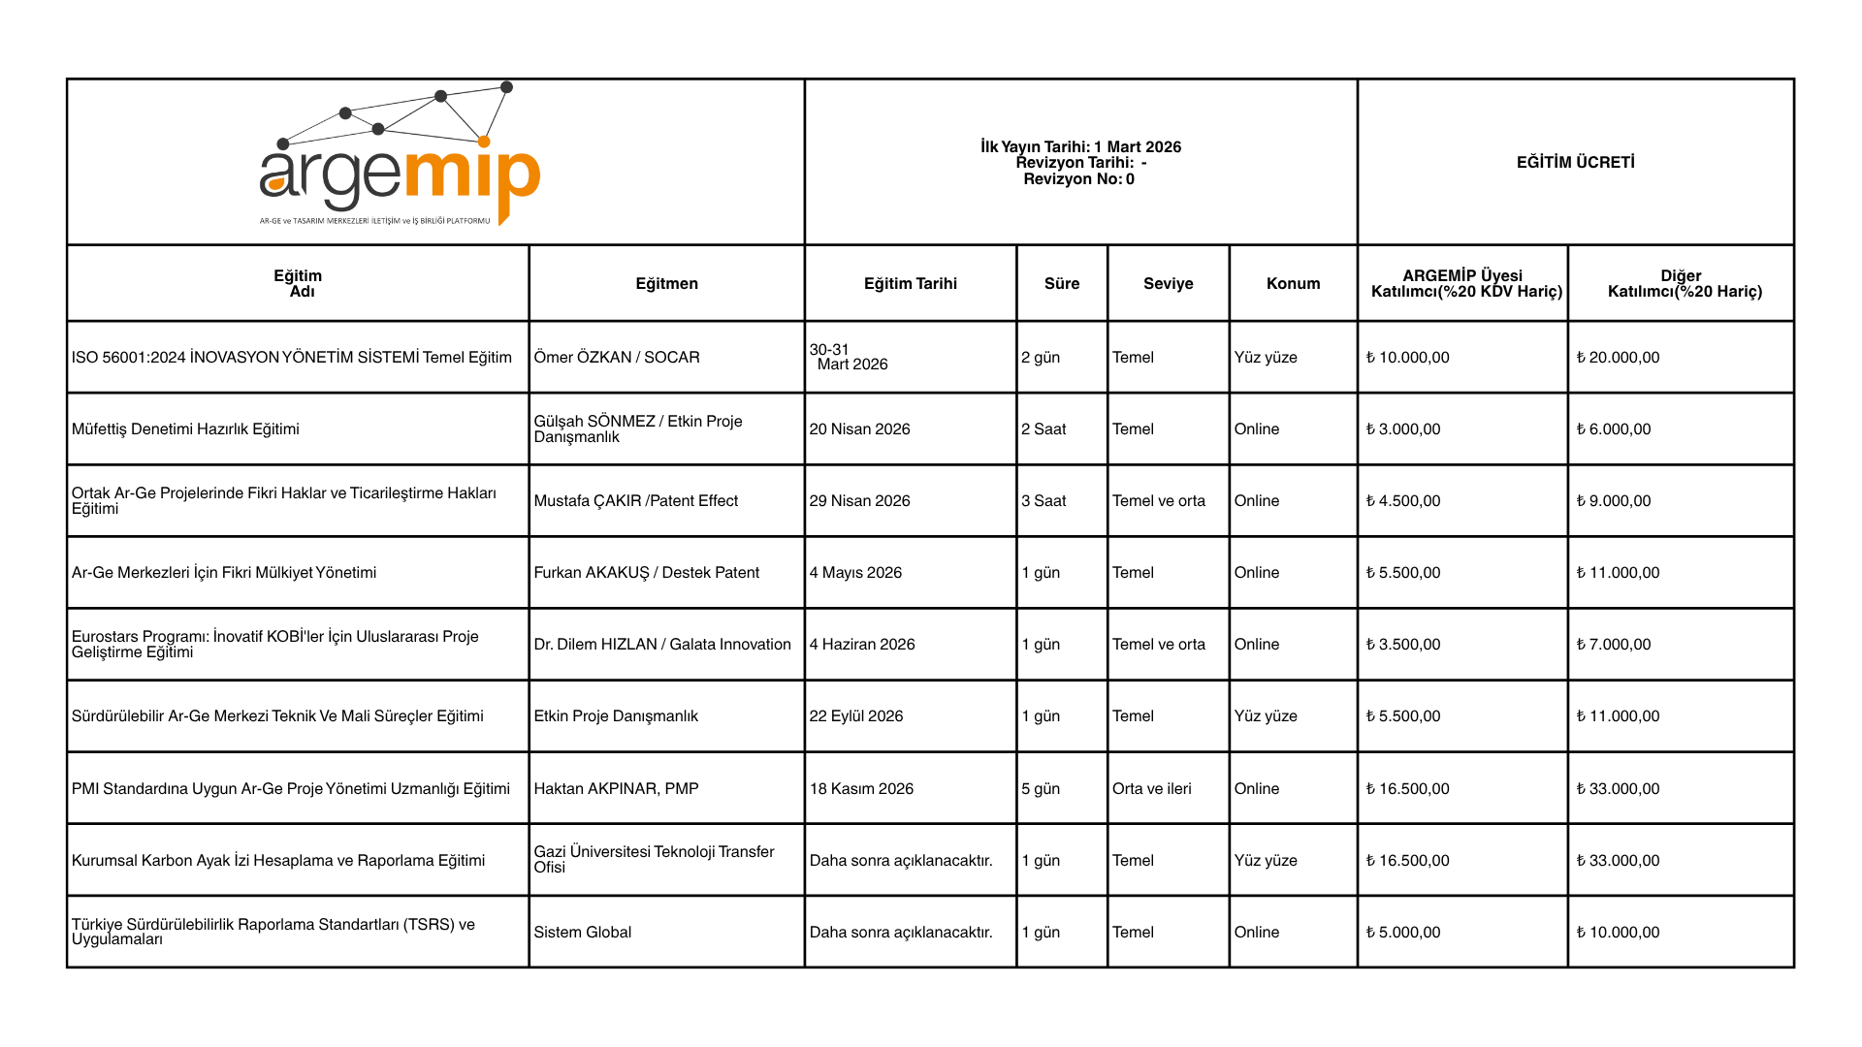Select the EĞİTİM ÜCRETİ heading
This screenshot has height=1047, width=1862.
click(x=1575, y=162)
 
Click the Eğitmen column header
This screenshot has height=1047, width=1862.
click(x=666, y=283)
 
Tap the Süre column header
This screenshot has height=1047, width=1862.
click(x=1061, y=283)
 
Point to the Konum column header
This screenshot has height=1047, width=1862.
click(x=1293, y=283)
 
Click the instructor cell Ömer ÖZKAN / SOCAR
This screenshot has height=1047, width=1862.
click(x=616, y=357)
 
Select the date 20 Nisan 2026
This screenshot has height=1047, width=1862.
click(x=859, y=428)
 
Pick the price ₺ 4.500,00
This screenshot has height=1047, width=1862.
click(x=1403, y=500)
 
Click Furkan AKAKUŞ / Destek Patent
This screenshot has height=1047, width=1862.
click(x=646, y=572)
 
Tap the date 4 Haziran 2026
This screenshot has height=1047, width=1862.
click(x=861, y=644)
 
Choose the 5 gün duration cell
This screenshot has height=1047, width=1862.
click(x=1040, y=788)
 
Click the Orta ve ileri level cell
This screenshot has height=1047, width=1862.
click(x=1151, y=788)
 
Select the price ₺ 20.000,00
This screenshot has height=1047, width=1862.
click(x=1618, y=357)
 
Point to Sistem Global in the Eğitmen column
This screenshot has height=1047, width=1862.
click(x=582, y=932)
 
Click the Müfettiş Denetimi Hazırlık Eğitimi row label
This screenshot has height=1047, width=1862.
click(x=185, y=428)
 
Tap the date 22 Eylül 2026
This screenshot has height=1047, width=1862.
click(x=855, y=715)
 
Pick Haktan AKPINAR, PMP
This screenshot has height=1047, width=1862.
click(x=616, y=788)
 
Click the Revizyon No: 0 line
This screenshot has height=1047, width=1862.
click(x=1078, y=179)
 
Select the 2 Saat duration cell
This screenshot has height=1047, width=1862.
click(x=1043, y=428)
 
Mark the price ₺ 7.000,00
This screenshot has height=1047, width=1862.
click(x=1614, y=644)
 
